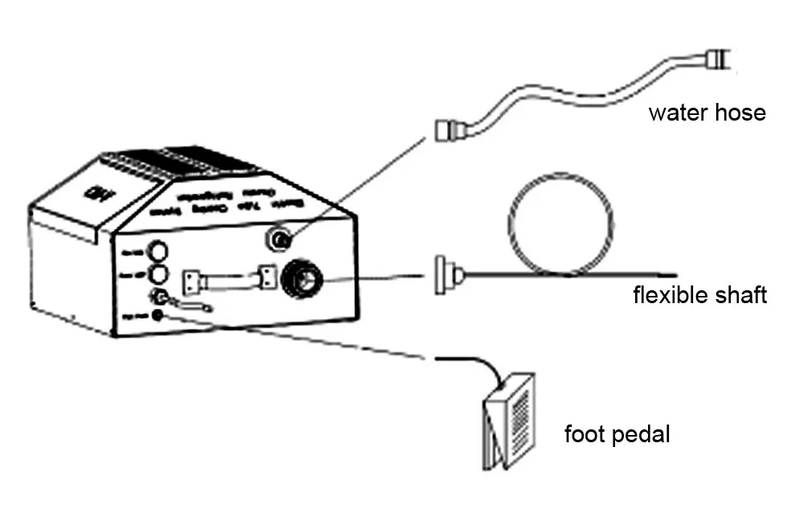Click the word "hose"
coord(739,113)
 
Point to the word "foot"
coord(583,435)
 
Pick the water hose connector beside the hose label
coord(716,57)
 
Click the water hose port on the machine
coord(280,239)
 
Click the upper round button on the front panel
coord(158,250)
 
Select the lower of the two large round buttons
coord(158,274)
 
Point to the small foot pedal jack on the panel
coord(157,316)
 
